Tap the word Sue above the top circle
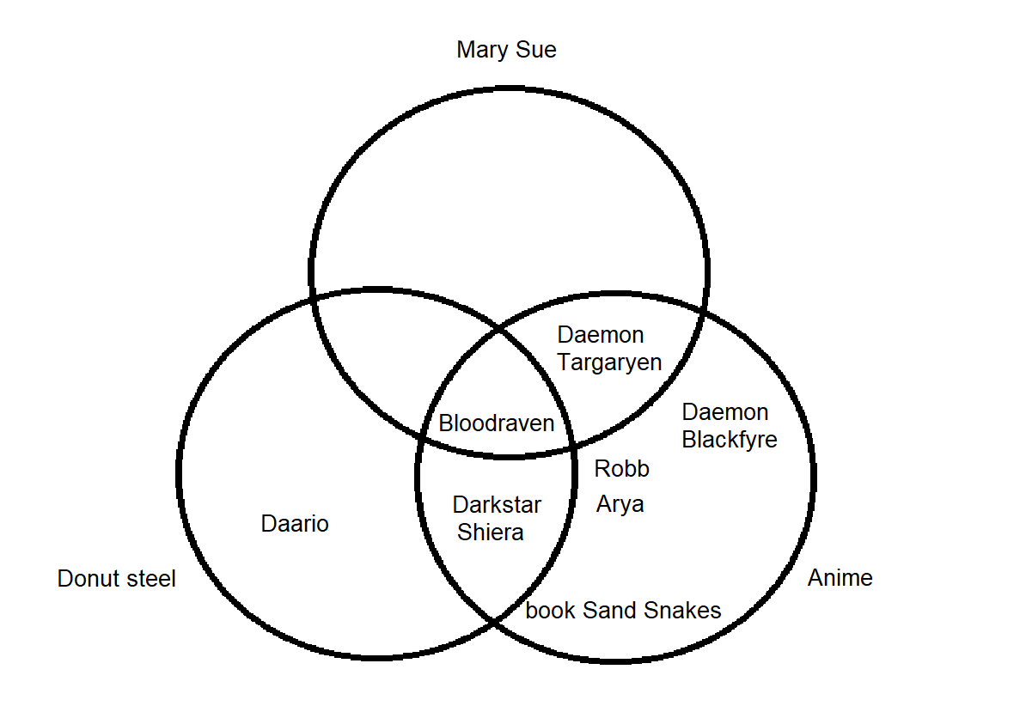click(x=536, y=50)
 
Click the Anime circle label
click(x=840, y=578)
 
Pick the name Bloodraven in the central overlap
click(x=497, y=423)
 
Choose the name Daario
click(x=295, y=524)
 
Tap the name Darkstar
click(x=497, y=505)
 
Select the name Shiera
click(x=490, y=533)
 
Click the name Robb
click(x=621, y=469)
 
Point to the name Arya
click(x=620, y=504)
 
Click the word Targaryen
click(x=609, y=362)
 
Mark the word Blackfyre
click(x=730, y=440)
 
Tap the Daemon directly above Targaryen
click(x=601, y=335)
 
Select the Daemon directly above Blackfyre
click(x=724, y=412)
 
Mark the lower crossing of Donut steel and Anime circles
click(x=495, y=619)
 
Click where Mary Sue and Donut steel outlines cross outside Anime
click(x=313, y=296)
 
